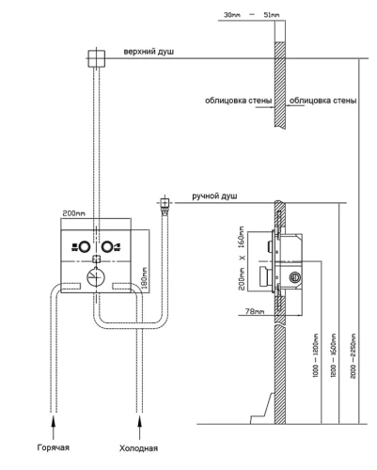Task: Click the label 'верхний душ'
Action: click(149, 52)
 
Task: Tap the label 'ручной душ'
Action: click(214, 196)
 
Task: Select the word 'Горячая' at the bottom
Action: click(54, 447)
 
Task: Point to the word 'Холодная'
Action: click(138, 448)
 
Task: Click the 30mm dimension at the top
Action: click(232, 15)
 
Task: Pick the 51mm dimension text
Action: click(272, 15)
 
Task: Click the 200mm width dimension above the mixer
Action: click(73, 213)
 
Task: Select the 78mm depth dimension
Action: click(255, 311)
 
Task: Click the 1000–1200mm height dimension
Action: click(316, 355)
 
